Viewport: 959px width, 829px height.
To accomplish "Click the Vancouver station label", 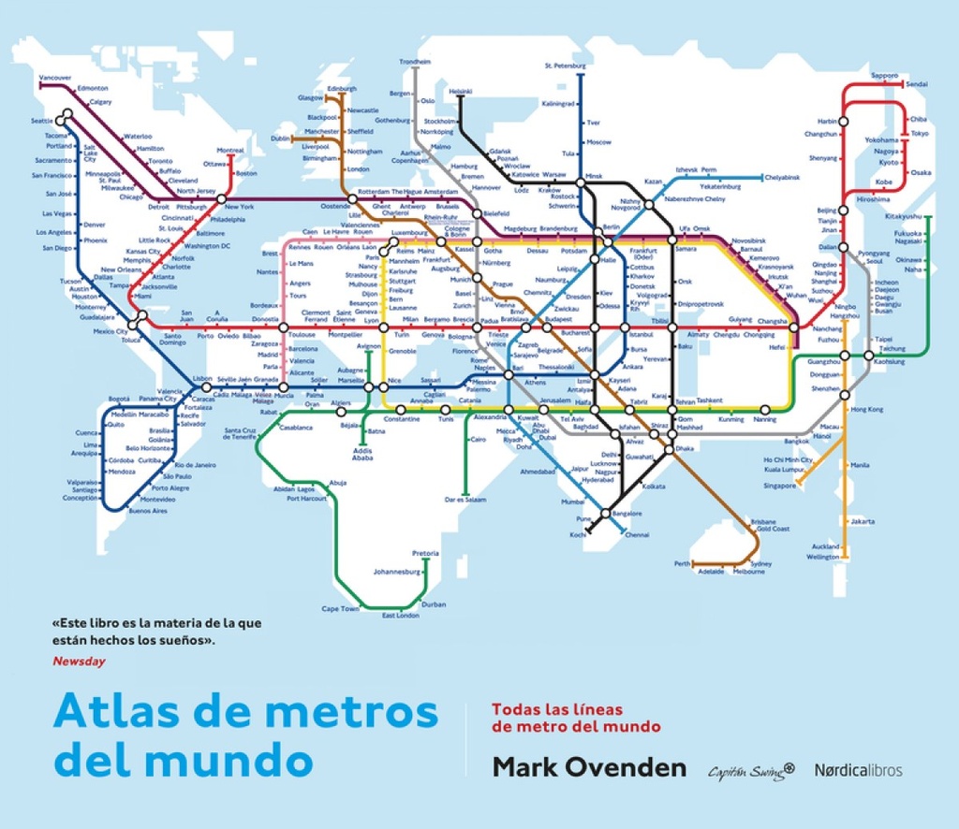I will coord(55,78).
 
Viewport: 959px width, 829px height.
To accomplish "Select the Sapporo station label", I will coord(884,76).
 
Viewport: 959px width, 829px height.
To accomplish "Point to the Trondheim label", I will coord(415,62).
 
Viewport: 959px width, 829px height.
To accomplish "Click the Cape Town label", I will coord(340,609).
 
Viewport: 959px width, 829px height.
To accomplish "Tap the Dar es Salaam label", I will coord(466,500).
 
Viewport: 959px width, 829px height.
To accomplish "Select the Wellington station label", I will coord(823,557).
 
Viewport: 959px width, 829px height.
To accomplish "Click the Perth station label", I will coord(682,564).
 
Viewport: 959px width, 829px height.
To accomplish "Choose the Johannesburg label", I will coord(397,571).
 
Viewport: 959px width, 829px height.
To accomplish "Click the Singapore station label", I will coord(778,486).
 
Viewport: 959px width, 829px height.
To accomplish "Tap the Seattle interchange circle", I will coord(64,118).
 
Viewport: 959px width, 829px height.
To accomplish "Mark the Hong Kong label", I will coord(866,410).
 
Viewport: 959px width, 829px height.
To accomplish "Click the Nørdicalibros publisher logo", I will coord(858,770).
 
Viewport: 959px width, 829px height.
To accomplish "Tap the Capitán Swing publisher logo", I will coord(750,770).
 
